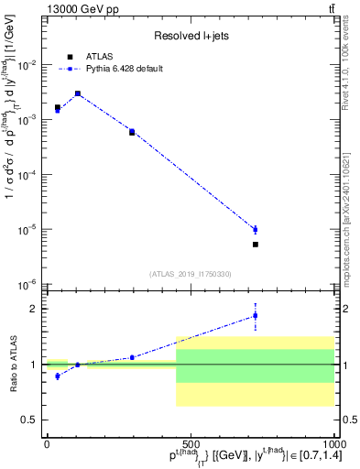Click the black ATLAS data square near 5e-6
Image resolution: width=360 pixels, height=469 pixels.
point(256,245)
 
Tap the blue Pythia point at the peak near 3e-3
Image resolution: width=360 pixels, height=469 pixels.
point(78,93)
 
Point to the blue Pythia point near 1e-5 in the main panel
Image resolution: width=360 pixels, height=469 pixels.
point(256,229)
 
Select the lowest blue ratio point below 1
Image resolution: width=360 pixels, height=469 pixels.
point(58,376)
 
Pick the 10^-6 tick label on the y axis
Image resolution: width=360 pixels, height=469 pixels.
point(29,284)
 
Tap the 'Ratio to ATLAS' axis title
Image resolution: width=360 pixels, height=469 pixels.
point(12,365)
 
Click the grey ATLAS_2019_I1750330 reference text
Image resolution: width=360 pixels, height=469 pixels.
point(191,274)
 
